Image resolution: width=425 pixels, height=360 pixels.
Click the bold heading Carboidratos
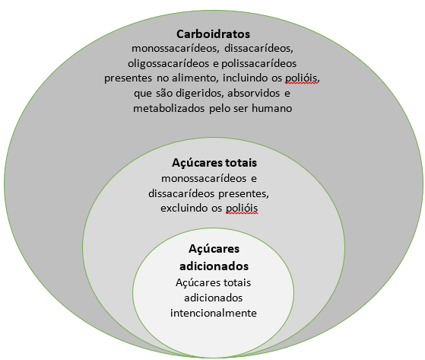(213, 34)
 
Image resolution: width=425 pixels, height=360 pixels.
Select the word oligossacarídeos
(168, 64)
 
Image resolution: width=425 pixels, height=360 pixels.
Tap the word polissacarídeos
(258, 64)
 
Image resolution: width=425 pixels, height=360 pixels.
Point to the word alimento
(195, 78)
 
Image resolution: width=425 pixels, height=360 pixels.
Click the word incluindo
(246, 78)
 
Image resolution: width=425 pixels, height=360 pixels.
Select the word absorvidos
(253, 93)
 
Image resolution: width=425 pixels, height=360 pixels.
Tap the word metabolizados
(169, 109)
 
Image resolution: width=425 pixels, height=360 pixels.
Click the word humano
(272, 109)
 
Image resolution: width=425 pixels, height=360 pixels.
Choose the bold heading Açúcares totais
(214, 163)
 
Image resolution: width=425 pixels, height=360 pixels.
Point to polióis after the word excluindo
(242, 209)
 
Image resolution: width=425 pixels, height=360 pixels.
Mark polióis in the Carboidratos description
(301, 78)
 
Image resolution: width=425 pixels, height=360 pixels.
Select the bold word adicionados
(214, 266)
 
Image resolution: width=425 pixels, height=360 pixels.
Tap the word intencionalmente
(214, 313)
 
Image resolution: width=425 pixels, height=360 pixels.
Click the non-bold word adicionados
(214, 298)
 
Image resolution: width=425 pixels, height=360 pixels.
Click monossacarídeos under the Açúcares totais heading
(204, 179)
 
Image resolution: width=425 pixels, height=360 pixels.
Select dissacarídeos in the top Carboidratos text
(258, 49)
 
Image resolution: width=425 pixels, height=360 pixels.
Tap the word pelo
(220, 109)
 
